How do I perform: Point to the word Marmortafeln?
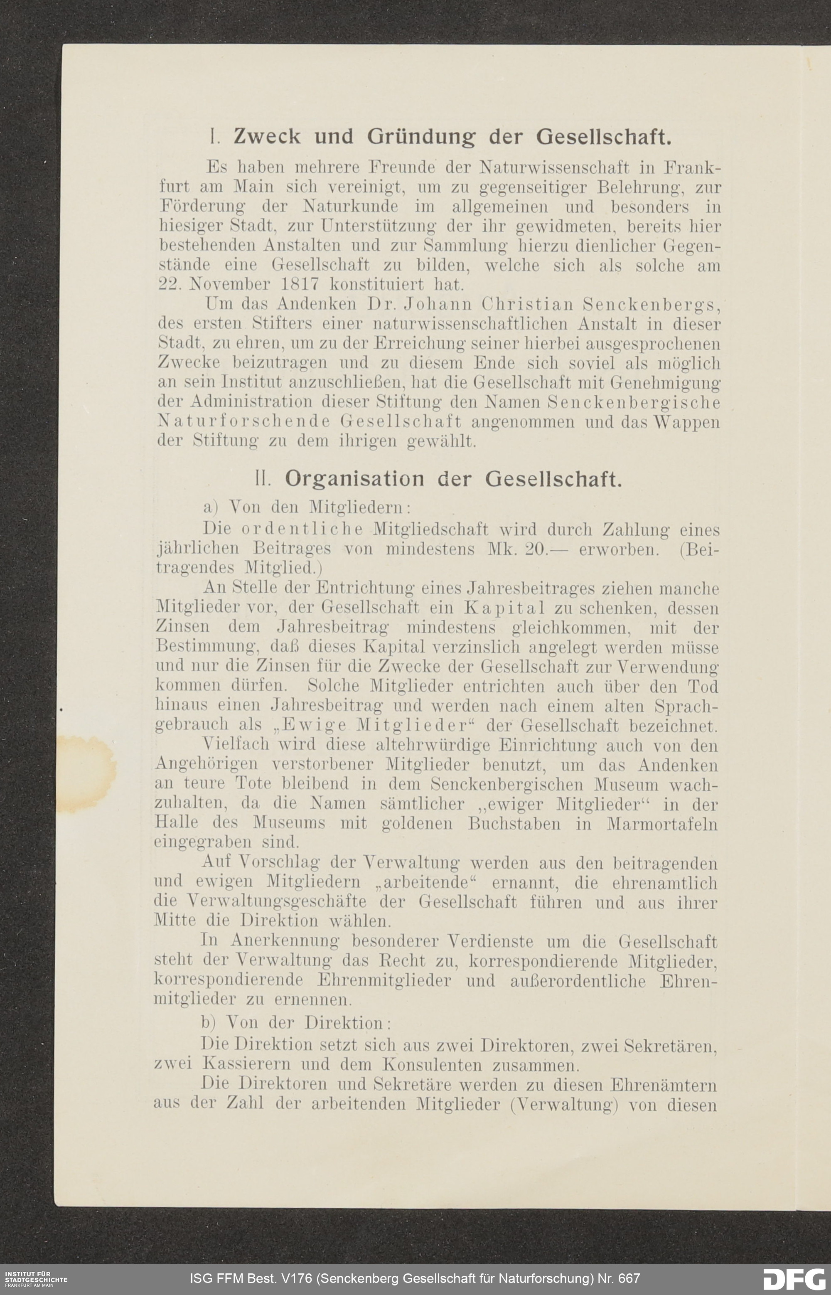tap(662, 824)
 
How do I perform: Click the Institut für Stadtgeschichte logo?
tap(34, 1279)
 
